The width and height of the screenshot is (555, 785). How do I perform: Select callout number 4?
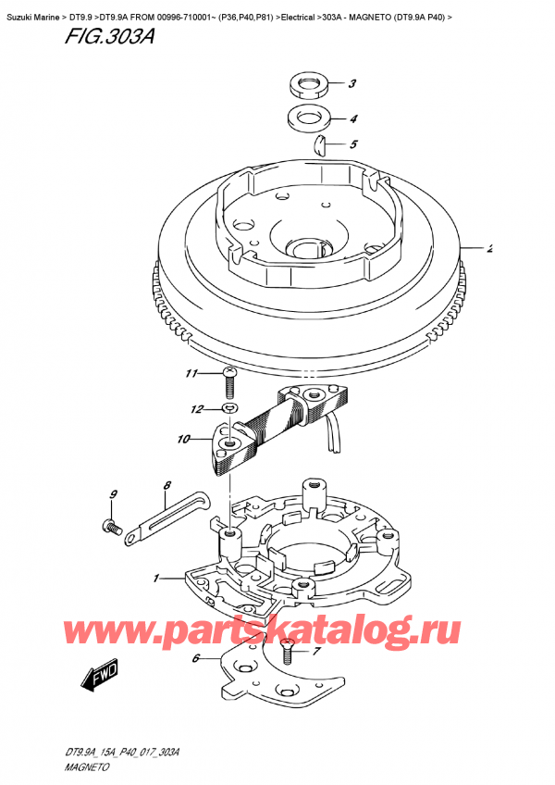coord(352,119)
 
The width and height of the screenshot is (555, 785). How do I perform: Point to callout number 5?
coord(352,144)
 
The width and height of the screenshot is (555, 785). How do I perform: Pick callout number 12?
coord(195,408)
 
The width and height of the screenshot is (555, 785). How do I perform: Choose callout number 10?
coord(182,439)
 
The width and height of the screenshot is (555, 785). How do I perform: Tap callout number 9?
coord(113,494)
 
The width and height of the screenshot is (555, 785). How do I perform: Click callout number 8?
coord(167,484)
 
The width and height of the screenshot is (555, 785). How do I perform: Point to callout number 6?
coord(195,659)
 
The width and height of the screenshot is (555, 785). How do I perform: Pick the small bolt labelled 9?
coord(113,528)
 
